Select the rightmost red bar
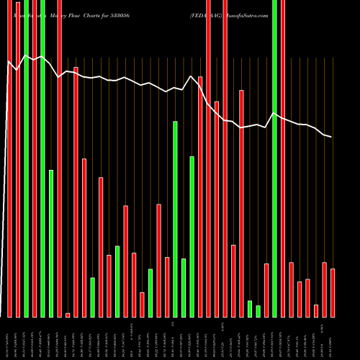333,292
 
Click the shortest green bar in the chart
258,311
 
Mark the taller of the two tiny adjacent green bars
250,308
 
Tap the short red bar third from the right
316,310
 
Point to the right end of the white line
331,137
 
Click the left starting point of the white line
8,63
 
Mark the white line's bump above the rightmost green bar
274,113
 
